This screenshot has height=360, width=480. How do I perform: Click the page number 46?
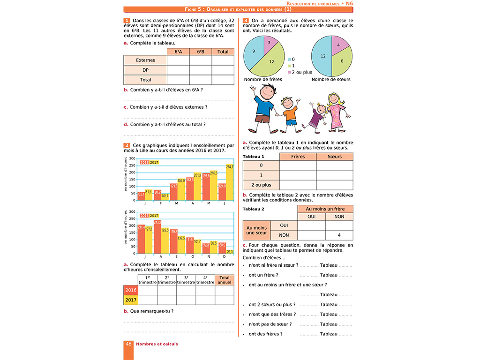(x=128, y=344)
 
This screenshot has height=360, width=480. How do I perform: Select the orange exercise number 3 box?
(x=246, y=21)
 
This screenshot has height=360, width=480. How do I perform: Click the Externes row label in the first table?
(x=145, y=60)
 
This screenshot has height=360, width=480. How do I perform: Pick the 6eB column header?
(x=201, y=52)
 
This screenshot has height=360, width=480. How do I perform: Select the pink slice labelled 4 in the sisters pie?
(x=339, y=45)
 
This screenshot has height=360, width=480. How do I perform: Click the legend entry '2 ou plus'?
(x=301, y=72)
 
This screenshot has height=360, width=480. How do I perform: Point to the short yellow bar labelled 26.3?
(x=229, y=253)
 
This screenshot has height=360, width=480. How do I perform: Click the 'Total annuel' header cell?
(x=225, y=280)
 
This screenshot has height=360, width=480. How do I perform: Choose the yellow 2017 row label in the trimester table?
(x=131, y=300)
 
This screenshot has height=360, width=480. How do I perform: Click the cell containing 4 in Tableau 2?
(x=339, y=235)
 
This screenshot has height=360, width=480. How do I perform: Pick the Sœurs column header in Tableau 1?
(x=335, y=157)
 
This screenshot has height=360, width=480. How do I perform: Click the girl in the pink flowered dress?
(x=336, y=112)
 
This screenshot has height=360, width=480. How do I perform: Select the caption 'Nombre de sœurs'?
(x=331, y=79)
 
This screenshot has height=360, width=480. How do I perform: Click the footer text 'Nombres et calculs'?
(x=157, y=344)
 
